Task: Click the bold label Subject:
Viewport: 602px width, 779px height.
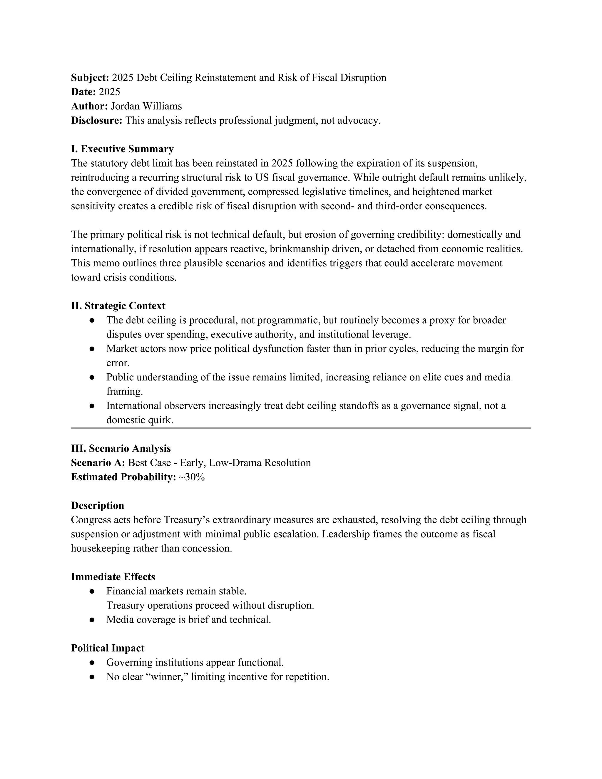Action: pos(90,78)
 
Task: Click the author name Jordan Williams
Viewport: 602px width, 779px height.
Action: pos(146,106)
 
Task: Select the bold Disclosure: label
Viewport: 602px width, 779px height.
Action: pos(97,121)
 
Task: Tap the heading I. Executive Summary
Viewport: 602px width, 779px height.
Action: pos(122,149)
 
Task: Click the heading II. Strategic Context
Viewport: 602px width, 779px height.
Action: pos(118,306)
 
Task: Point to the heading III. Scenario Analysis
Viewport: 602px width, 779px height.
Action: pos(121,449)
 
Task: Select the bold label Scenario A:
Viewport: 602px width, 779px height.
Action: pos(98,463)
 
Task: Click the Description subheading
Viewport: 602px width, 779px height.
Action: pos(98,506)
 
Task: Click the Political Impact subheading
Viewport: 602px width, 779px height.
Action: pos(108,648)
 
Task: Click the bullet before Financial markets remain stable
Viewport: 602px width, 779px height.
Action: pos(92,591)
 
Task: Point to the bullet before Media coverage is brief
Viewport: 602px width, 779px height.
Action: pos(92,620)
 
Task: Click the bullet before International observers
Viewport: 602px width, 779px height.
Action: pos(92,406)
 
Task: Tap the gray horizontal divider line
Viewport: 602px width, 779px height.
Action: pos(301,428)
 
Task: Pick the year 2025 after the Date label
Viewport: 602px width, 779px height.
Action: pos(109,92)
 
